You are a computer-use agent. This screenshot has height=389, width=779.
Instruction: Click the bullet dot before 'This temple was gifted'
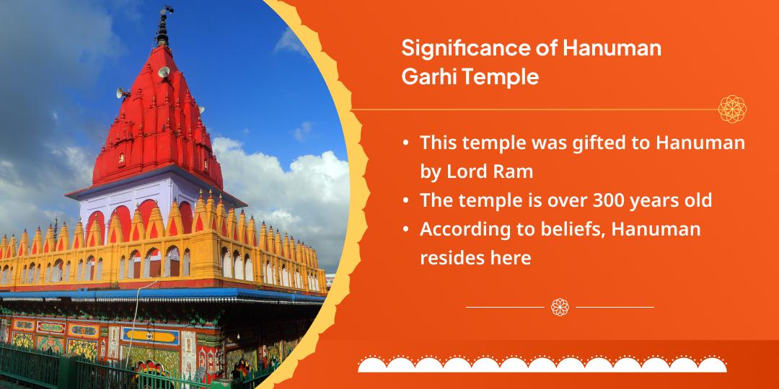point(407,143)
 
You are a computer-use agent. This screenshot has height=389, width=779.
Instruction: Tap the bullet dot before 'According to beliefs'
point(407,229)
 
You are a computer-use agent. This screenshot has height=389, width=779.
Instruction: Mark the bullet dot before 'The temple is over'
point(407,200)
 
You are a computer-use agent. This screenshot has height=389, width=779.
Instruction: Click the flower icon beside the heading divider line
point(731,109)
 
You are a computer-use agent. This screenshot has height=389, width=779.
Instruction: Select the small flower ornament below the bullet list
point(560,307)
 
